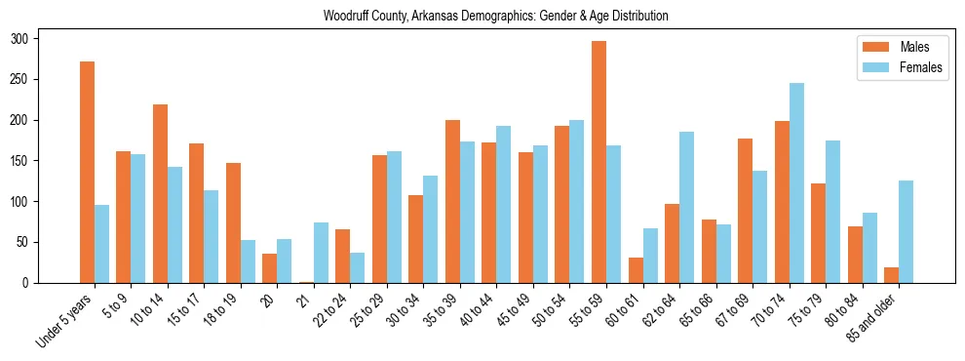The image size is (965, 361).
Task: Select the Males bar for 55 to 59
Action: pos(598,162)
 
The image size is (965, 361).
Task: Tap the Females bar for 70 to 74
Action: pos(796,183)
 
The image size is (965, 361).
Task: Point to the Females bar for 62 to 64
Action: pos(687,208)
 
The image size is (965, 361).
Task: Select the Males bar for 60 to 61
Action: pos(636,270)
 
